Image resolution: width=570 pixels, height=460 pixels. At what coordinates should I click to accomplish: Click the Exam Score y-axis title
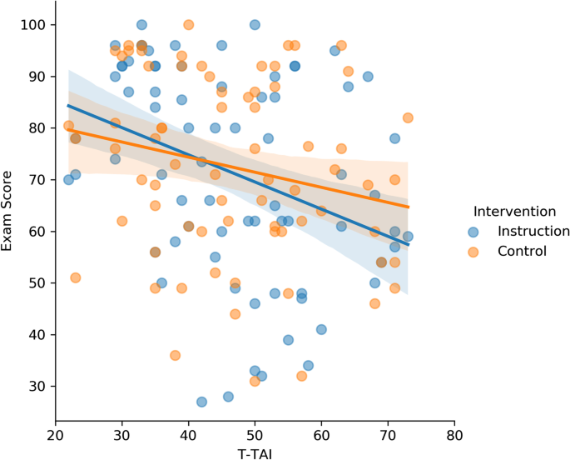tap(10, 212)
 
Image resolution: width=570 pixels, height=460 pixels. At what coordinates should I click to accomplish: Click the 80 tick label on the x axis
tap(454, 434)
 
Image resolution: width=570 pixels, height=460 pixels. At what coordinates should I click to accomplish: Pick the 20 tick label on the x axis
tap(55, 434)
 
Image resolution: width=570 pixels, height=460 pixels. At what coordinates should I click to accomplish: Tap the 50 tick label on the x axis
tap(255, 434)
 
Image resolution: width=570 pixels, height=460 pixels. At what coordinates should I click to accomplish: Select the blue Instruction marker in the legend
tap(474, 231)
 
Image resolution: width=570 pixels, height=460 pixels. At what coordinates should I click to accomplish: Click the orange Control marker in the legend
tap(474, 251)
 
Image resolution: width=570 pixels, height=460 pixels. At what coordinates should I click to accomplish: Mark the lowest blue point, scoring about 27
tap(201, 402)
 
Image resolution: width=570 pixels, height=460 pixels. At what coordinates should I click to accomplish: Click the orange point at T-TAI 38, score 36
tap(175, 355)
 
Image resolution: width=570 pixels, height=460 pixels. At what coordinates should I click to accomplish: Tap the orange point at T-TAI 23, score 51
tap(75, 277)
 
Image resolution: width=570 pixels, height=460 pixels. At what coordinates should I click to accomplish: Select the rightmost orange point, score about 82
tap(408, 117)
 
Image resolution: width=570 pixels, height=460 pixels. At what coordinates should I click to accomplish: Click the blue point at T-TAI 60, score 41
tap(321, 329)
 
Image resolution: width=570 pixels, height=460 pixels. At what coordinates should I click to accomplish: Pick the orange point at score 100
tap(188, 25)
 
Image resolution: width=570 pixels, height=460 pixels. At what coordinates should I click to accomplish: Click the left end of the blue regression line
tap(68, 106)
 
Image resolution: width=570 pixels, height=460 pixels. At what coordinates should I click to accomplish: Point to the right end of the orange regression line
tap(408, 207)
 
